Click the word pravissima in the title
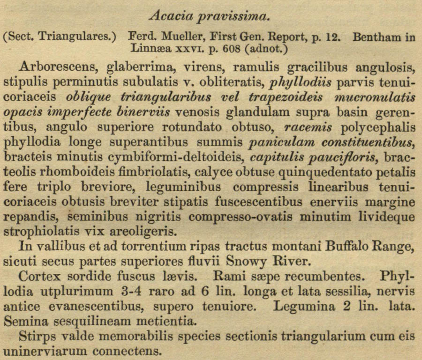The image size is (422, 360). pos(234,17)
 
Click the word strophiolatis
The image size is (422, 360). pos(43,231)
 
